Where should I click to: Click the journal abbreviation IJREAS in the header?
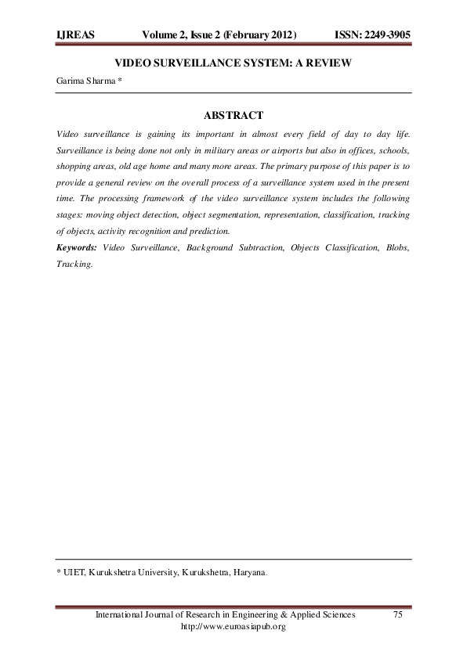coord(75,35)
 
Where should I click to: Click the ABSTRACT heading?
coord(233,116)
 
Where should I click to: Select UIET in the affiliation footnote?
coord(75,573)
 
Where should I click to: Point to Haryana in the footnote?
coord(248,573)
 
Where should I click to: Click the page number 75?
coord(397,615)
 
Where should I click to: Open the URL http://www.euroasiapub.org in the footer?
coord(233,627)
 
